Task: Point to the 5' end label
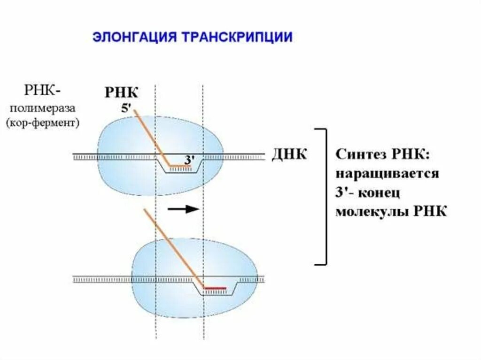coord(126,107)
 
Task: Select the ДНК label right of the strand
coord(289,154)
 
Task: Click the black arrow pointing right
coord(184,209)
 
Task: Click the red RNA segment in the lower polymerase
coord(215,287)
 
